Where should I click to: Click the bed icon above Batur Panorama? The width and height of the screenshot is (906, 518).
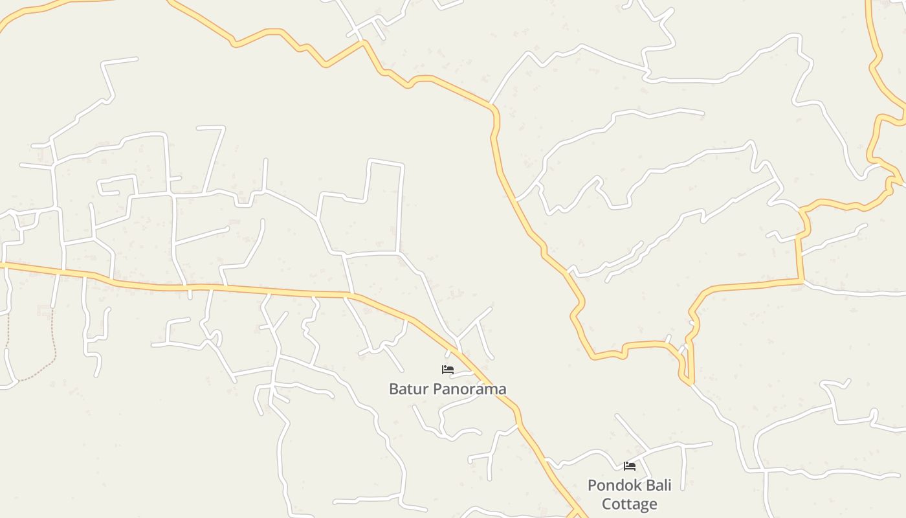point(448,370)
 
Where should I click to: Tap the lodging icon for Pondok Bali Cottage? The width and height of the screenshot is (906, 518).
point(630,466)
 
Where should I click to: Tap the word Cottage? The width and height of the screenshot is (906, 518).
point(630,504)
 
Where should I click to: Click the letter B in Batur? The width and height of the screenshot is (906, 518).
point(393,388)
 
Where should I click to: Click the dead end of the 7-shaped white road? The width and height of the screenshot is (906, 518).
point(198,128)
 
